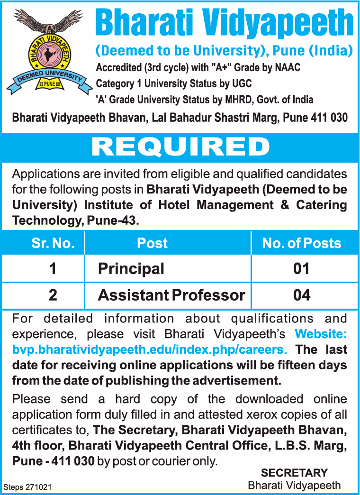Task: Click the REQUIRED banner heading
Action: coord(180,147)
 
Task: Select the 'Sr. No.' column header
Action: coord(53,243)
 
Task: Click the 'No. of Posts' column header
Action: coord(302,243)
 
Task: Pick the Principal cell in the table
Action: coord(131,269)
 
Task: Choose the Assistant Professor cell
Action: coord(171,295)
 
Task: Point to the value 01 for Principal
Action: coord(301,269)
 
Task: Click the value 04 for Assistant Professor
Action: coord(301,295)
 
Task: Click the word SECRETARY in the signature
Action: coord(294,473)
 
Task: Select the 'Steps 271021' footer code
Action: coord(27,487)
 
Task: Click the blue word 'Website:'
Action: coord(321,334)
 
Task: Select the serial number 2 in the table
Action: coord(53,295)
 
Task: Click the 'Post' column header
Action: coord(152,243)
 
